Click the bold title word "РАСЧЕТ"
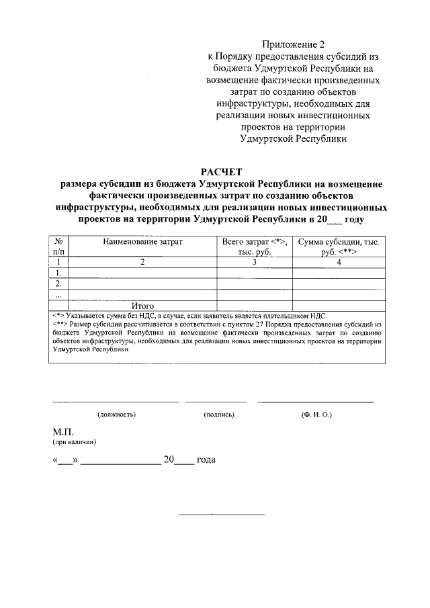click(220, 171)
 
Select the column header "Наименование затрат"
click(142, 241)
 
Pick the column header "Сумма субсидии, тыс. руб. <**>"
click(339, 246)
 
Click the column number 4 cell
click(339, 262)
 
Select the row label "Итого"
click(142, 306)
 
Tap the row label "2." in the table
click(59, 284)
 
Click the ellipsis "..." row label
click(59, 295)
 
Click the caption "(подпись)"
click(219, 415)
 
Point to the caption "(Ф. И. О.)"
click(316, 415)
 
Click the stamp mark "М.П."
click(62, 431)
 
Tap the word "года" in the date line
click(206, 461)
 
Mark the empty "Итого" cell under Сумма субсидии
click(339, 306)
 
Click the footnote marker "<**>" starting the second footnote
click(59, 324)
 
